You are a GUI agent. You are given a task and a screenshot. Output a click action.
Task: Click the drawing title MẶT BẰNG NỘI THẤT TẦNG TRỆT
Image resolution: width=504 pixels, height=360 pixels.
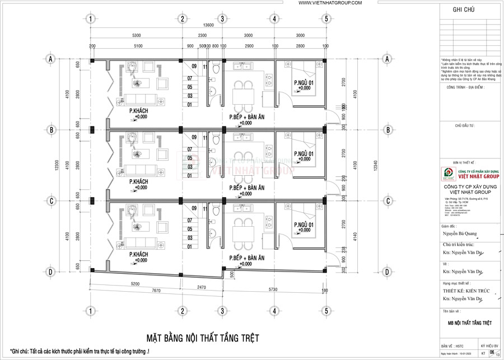[x=203, y=338]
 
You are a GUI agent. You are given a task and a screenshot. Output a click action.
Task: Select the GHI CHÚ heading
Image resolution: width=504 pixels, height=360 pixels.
[x=464, y=10]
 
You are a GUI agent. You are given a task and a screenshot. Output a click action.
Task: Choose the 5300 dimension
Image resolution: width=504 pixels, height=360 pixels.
[x=136, y=35]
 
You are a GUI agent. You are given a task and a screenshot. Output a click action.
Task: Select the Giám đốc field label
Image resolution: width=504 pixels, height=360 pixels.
[x=450, y=226]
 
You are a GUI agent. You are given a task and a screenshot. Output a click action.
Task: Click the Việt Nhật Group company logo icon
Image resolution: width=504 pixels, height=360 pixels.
[x=447, y=172]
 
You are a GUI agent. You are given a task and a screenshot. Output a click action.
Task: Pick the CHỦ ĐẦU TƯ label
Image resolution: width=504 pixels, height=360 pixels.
[x=464, y=126]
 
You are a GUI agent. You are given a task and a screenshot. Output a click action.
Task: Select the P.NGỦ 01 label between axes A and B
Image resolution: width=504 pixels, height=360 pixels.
[x=303, y=83]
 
